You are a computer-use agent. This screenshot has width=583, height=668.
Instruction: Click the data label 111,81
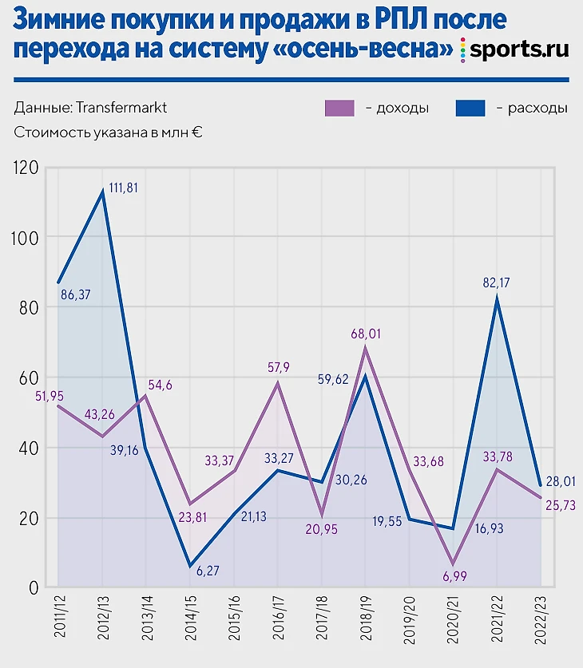(x=123, y=188)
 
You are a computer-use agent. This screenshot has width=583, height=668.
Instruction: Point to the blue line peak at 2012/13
(x=102, y=192)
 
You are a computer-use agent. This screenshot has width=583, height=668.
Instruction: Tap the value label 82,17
(x=497, y=282)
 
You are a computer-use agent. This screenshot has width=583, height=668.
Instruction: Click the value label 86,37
(x=76, y=294)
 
